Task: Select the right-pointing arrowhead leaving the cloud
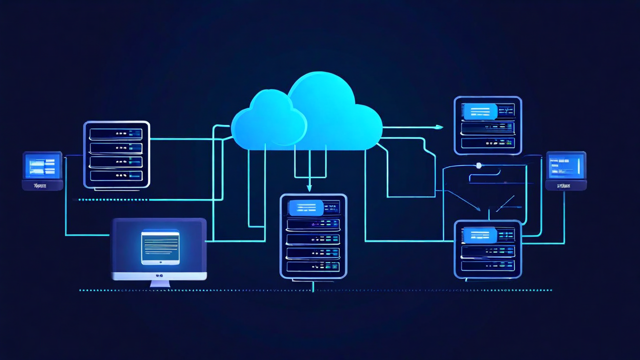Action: (439, 127)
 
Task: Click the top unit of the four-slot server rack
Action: (116, 134)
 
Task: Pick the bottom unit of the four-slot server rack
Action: (116, 175)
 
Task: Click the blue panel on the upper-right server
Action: (480, 111)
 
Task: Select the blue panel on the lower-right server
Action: (480, 235)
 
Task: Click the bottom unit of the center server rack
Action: (313, 266)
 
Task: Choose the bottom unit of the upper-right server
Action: (487, 143)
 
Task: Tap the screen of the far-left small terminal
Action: (42, 166)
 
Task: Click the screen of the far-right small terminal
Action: (566, 166)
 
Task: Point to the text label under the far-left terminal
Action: (41, 186)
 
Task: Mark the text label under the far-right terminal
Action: (565, 186)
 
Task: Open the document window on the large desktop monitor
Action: (160, 247)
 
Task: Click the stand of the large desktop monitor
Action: (159, 283)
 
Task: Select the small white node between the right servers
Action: (478, 165)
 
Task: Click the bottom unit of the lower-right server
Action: (487, 265)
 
